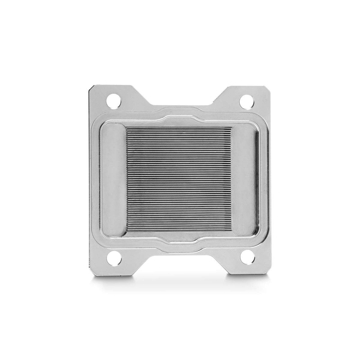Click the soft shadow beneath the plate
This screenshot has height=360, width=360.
(x=180, y=277)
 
